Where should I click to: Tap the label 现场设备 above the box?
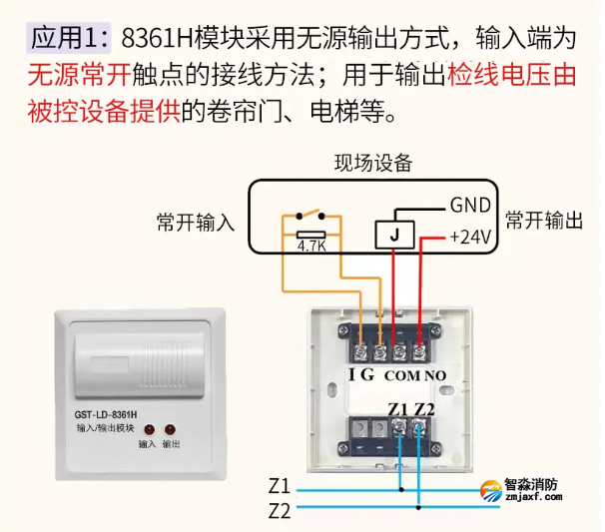pyautogui.click(x=372, y=164)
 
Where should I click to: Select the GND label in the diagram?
pyautogui.click(x=469, y=206)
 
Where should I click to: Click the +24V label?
pyautogui.click(x=469, y=238)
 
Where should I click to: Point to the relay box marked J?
pyautogui.click(x=393, y=235)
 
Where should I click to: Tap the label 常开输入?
pyautogui.click(x=196, y=222)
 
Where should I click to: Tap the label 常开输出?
pyautogui.click(x=543, y=221)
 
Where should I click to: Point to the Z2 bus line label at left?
pyautogui.click(x=279, y=511)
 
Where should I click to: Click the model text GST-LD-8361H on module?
pyautogui.click(x=105, y=412)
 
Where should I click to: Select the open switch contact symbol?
pyautogui.click(x=310, y=214)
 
